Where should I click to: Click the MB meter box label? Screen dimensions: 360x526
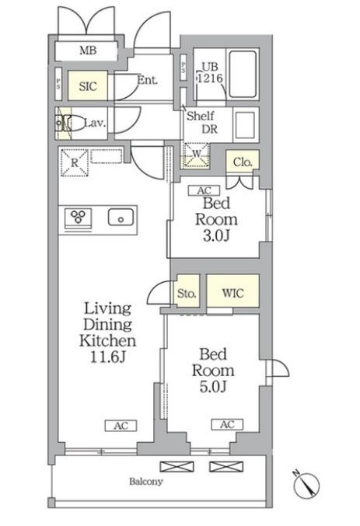[88, 51]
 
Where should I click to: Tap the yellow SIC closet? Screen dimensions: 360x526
[88, 85]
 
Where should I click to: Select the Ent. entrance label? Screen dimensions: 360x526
[147, 80]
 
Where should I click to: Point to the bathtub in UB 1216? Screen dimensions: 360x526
[243, 74]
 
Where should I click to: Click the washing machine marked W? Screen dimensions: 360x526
[196, 155]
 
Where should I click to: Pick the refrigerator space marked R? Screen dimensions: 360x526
[75, 162]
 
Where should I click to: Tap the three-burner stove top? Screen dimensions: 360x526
[79, 217]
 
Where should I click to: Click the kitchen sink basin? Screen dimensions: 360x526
[121, 218]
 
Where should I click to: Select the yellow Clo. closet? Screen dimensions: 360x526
[242, 162]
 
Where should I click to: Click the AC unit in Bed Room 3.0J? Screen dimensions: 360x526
[204, 190]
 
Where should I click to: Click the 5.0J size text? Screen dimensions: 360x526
[213, 387]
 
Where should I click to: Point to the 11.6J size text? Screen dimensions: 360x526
[108, 357]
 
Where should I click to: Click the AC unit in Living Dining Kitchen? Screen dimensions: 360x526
[121, 426]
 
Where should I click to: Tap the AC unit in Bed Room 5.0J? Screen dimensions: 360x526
[227, 424]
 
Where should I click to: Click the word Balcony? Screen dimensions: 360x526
[146, 482]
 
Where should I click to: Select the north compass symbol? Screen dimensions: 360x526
[306, 485]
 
